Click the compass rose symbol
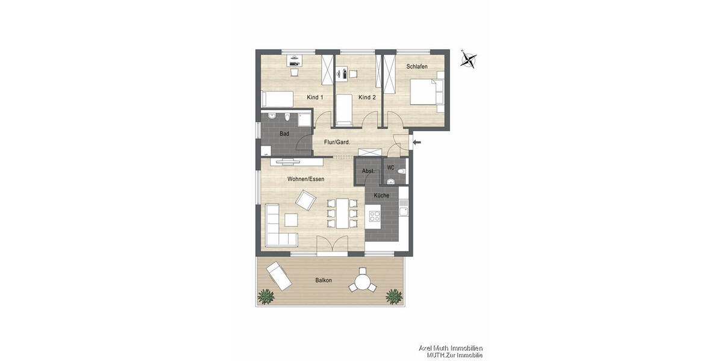[x=469, y=59]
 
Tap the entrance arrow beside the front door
[x=418, y=143]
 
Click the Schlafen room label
[x=417, y=67]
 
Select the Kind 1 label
[x=315, y=97]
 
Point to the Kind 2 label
[x=367, y=97]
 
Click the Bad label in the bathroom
[x=284, y=134]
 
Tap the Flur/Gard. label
[x=337, y=143]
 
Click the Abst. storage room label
[x=368, y=171]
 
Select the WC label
[x=390, y=168]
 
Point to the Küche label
[x=381, y=196]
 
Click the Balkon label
[x=324, y=280]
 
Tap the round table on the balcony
[x=363, y=281]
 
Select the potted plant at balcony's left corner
[x=264, y=295]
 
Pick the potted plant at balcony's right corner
[x=393, y=295]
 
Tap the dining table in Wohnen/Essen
[x=342, y=213]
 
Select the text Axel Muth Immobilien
[x=451, y=348]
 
